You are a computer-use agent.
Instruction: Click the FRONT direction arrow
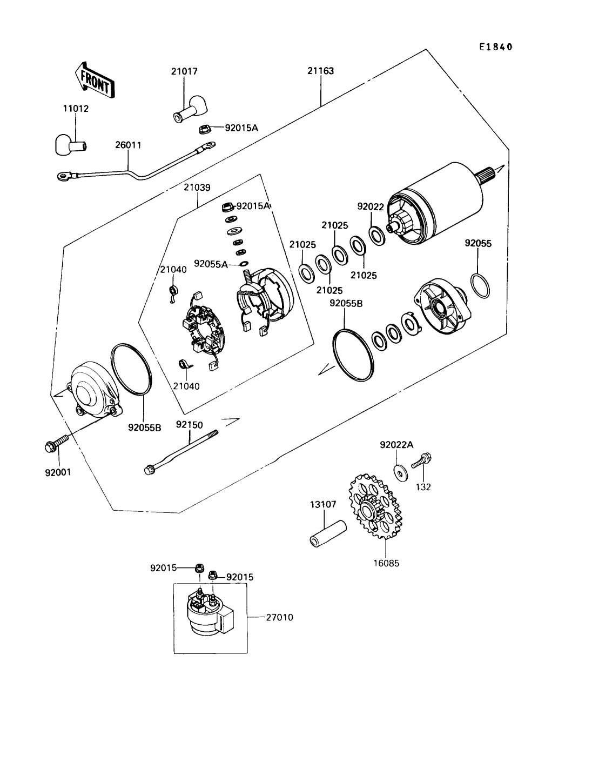pyautogui.click(x=95, y=80)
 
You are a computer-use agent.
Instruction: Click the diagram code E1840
pyautogui.click(x=495, y=47)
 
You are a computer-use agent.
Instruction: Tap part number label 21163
pyautogui.click(x=321, y=71)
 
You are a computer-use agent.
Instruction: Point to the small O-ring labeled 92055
pyautogui.click(x=481, y=286)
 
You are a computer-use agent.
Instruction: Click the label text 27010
pyautogui.click(x=279, y=617)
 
